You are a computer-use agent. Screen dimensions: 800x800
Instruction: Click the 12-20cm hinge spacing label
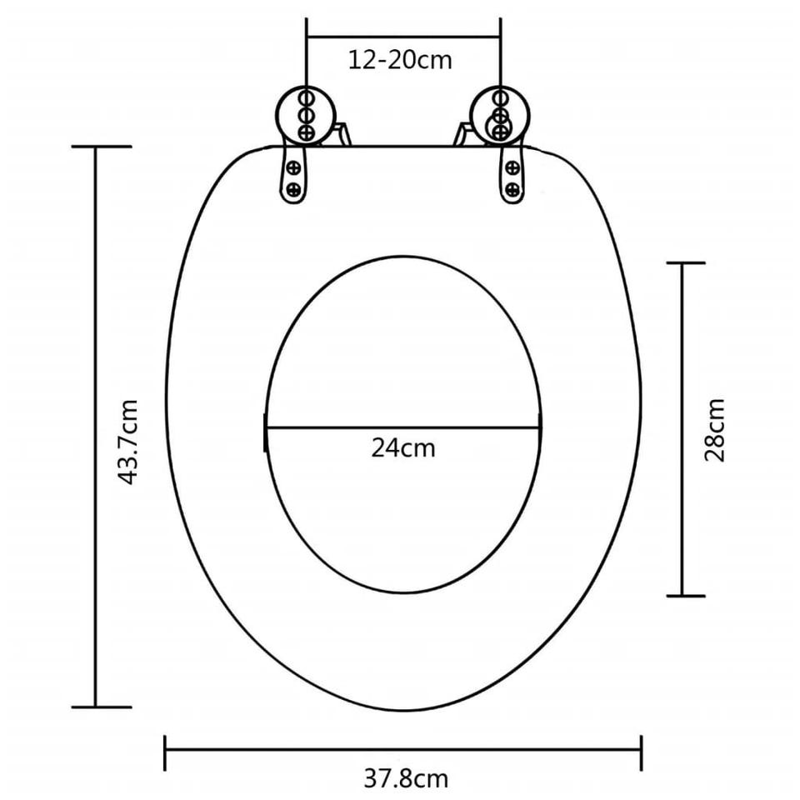(x=400, y=60)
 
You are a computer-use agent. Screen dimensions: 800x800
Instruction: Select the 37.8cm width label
(x=406, y=778)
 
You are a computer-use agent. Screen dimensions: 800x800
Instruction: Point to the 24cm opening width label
(x=403, y=448)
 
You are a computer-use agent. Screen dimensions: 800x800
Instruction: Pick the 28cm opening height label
(x=714, y=430)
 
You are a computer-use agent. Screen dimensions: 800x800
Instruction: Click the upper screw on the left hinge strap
(x=294, y=167)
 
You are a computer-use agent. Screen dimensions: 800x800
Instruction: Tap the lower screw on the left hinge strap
(x=293, y=190)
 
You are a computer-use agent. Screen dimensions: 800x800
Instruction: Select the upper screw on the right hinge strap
(x=512, y=167)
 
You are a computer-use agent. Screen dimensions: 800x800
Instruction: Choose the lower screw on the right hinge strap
(x=512, y=190)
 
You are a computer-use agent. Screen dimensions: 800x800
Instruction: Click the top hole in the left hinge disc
(x=306, y=98)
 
